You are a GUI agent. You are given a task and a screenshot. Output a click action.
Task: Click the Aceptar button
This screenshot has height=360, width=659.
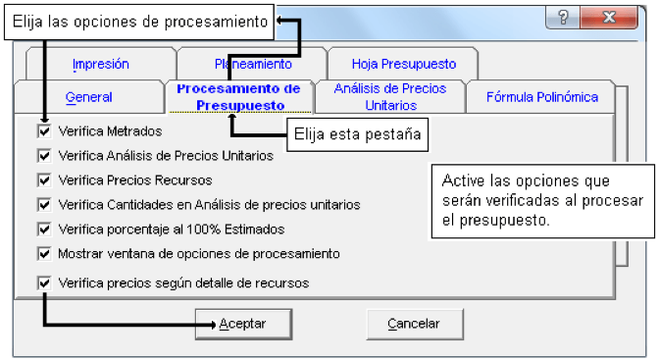pos(243,324)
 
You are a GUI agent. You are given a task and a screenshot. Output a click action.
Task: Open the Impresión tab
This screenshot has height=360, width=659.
pos(101,64)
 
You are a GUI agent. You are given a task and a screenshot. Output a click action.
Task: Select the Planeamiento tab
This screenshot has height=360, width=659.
pos(253,64)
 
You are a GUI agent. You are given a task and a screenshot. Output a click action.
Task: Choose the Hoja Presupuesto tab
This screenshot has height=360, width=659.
pos(403,64)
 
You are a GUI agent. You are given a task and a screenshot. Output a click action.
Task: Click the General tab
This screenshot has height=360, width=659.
pos(89,97)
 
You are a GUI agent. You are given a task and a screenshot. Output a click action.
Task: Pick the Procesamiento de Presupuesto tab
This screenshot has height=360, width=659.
pos(239,97)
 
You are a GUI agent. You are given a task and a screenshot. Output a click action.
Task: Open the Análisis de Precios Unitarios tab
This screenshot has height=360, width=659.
pos(390,97)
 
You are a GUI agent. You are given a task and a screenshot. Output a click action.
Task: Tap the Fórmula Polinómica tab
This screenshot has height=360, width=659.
pos(541,97)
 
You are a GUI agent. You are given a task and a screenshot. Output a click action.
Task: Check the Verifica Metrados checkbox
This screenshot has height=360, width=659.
pos(44,131)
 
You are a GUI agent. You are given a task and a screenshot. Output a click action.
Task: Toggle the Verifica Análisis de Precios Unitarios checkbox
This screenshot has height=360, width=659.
pos(44,156)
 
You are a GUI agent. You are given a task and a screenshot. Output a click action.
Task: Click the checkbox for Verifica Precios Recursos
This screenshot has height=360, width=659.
pos(44,180)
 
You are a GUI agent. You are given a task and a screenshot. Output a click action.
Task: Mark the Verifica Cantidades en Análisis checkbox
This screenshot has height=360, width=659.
pos(44,205)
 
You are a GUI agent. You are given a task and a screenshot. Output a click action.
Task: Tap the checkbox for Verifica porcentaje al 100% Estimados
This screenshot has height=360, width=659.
pos(44,230)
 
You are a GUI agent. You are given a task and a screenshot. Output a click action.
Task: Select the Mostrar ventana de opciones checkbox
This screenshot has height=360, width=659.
pos(44,254)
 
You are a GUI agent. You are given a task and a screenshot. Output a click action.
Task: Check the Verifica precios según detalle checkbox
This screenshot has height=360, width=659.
pos(44,283)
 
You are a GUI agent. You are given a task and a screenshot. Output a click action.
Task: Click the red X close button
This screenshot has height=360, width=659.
pos(609,18)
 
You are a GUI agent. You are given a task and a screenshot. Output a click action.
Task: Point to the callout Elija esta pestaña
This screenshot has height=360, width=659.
pos(357,134)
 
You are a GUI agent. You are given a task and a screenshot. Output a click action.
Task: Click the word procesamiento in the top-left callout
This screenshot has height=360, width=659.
pos(216,22)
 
